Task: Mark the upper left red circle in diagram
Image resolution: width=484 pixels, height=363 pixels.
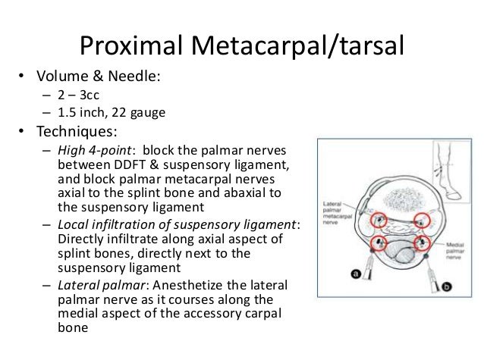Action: (376, 221)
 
